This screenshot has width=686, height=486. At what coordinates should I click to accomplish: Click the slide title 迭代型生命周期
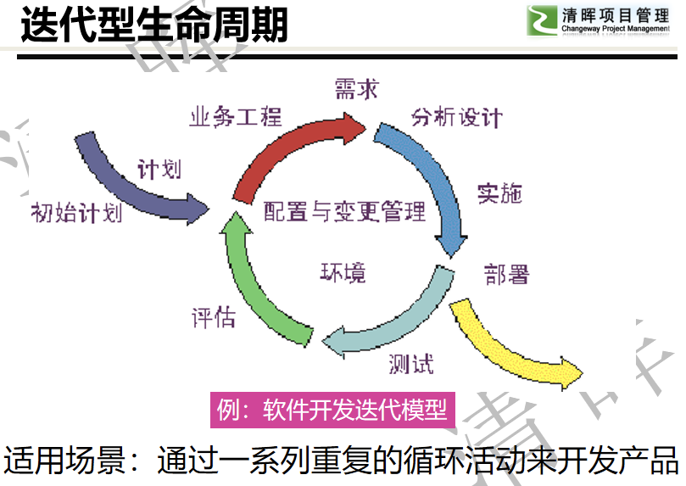[154, 25]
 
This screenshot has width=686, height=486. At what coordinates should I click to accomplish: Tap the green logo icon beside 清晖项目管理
[542, 20]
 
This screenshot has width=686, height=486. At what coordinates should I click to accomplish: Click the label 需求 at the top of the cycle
[356, 89]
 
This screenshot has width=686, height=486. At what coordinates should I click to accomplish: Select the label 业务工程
[236, 117]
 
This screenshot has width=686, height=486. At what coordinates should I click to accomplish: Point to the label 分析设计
[456, 118]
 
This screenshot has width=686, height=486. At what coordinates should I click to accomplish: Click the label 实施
[499, 193]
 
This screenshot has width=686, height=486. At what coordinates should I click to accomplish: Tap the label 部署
[506, 274]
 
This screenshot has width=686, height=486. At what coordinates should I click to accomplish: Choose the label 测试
[411, 364]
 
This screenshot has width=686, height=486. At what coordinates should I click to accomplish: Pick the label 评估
[214, 317]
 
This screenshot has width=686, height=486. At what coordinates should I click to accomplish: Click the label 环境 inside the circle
[343, 272]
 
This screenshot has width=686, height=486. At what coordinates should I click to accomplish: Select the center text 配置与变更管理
[345, 211]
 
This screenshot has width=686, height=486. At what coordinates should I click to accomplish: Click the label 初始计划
[76, 213]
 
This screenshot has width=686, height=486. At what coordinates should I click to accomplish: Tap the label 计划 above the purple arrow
[159, 169]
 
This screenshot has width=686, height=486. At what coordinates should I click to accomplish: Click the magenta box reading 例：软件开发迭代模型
[332, 410]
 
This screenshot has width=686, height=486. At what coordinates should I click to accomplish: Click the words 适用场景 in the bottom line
[64, 460]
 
